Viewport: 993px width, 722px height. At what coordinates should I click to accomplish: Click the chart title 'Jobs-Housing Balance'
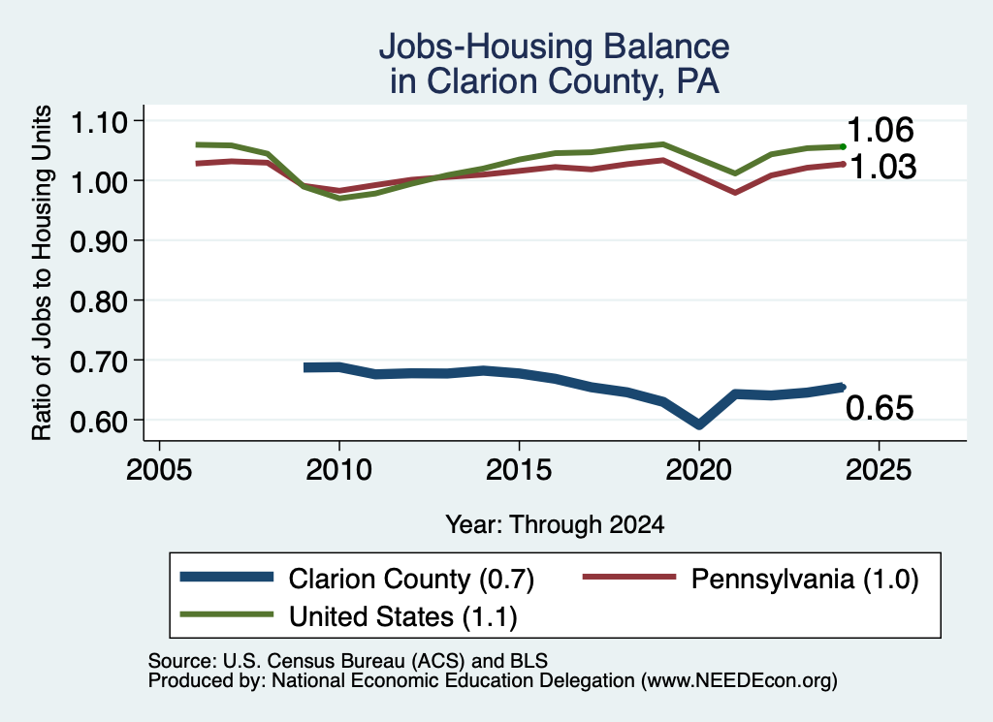coord(554,47)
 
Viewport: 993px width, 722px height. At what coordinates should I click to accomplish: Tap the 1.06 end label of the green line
coord(881,131)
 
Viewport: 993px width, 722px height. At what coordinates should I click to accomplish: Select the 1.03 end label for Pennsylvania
coord(882,167)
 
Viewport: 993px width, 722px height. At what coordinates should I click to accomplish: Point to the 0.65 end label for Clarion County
coord(880,407)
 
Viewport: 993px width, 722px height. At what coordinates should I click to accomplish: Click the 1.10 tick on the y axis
coord(99,121)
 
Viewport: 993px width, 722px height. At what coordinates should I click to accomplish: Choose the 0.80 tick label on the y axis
coord(99,301)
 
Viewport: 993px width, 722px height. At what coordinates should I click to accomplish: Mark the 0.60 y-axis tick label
coord(99,421)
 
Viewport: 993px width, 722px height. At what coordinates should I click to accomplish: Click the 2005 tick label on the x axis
coord(160,470)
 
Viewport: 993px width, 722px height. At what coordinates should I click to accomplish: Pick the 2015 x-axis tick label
coord(520,470)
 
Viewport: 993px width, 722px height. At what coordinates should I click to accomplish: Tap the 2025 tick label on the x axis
coord(879,470)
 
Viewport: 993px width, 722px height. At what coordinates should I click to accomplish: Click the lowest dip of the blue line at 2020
coord(699,424)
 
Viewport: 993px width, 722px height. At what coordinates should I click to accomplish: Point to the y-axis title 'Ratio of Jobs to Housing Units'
coord(42,272)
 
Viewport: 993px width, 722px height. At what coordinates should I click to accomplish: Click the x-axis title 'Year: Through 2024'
coord(555,524)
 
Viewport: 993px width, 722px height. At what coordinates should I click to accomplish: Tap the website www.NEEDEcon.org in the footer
coord(739,681)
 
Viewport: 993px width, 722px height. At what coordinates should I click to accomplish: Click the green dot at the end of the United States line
coord(843,146)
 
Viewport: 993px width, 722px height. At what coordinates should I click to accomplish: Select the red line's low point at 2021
coord(735,192)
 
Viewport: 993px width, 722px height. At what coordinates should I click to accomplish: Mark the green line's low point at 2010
coord(340,198)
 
